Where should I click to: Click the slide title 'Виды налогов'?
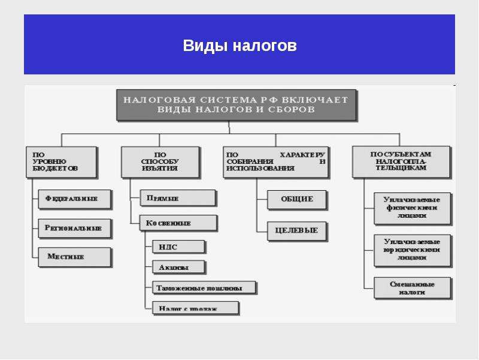[239, 46]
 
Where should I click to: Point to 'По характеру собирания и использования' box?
[275, 162]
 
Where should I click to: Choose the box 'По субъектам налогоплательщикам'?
[401, 161]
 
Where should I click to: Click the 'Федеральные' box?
[75, 198]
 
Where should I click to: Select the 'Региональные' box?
[75, 228]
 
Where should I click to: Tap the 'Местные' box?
[75, 257]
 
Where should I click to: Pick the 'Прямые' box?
[178, 198]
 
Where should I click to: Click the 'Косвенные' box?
[178, 223]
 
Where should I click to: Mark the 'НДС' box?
[178, 247]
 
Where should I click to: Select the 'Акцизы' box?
[178, 267]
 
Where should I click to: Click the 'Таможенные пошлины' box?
[204, 288]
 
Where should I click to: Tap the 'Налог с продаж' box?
[195, 308]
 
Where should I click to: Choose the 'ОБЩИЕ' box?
[298, 199]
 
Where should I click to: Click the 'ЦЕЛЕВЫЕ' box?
[296, 230]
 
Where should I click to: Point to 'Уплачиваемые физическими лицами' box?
[411, 208]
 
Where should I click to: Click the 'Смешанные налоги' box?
[411, 287]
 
